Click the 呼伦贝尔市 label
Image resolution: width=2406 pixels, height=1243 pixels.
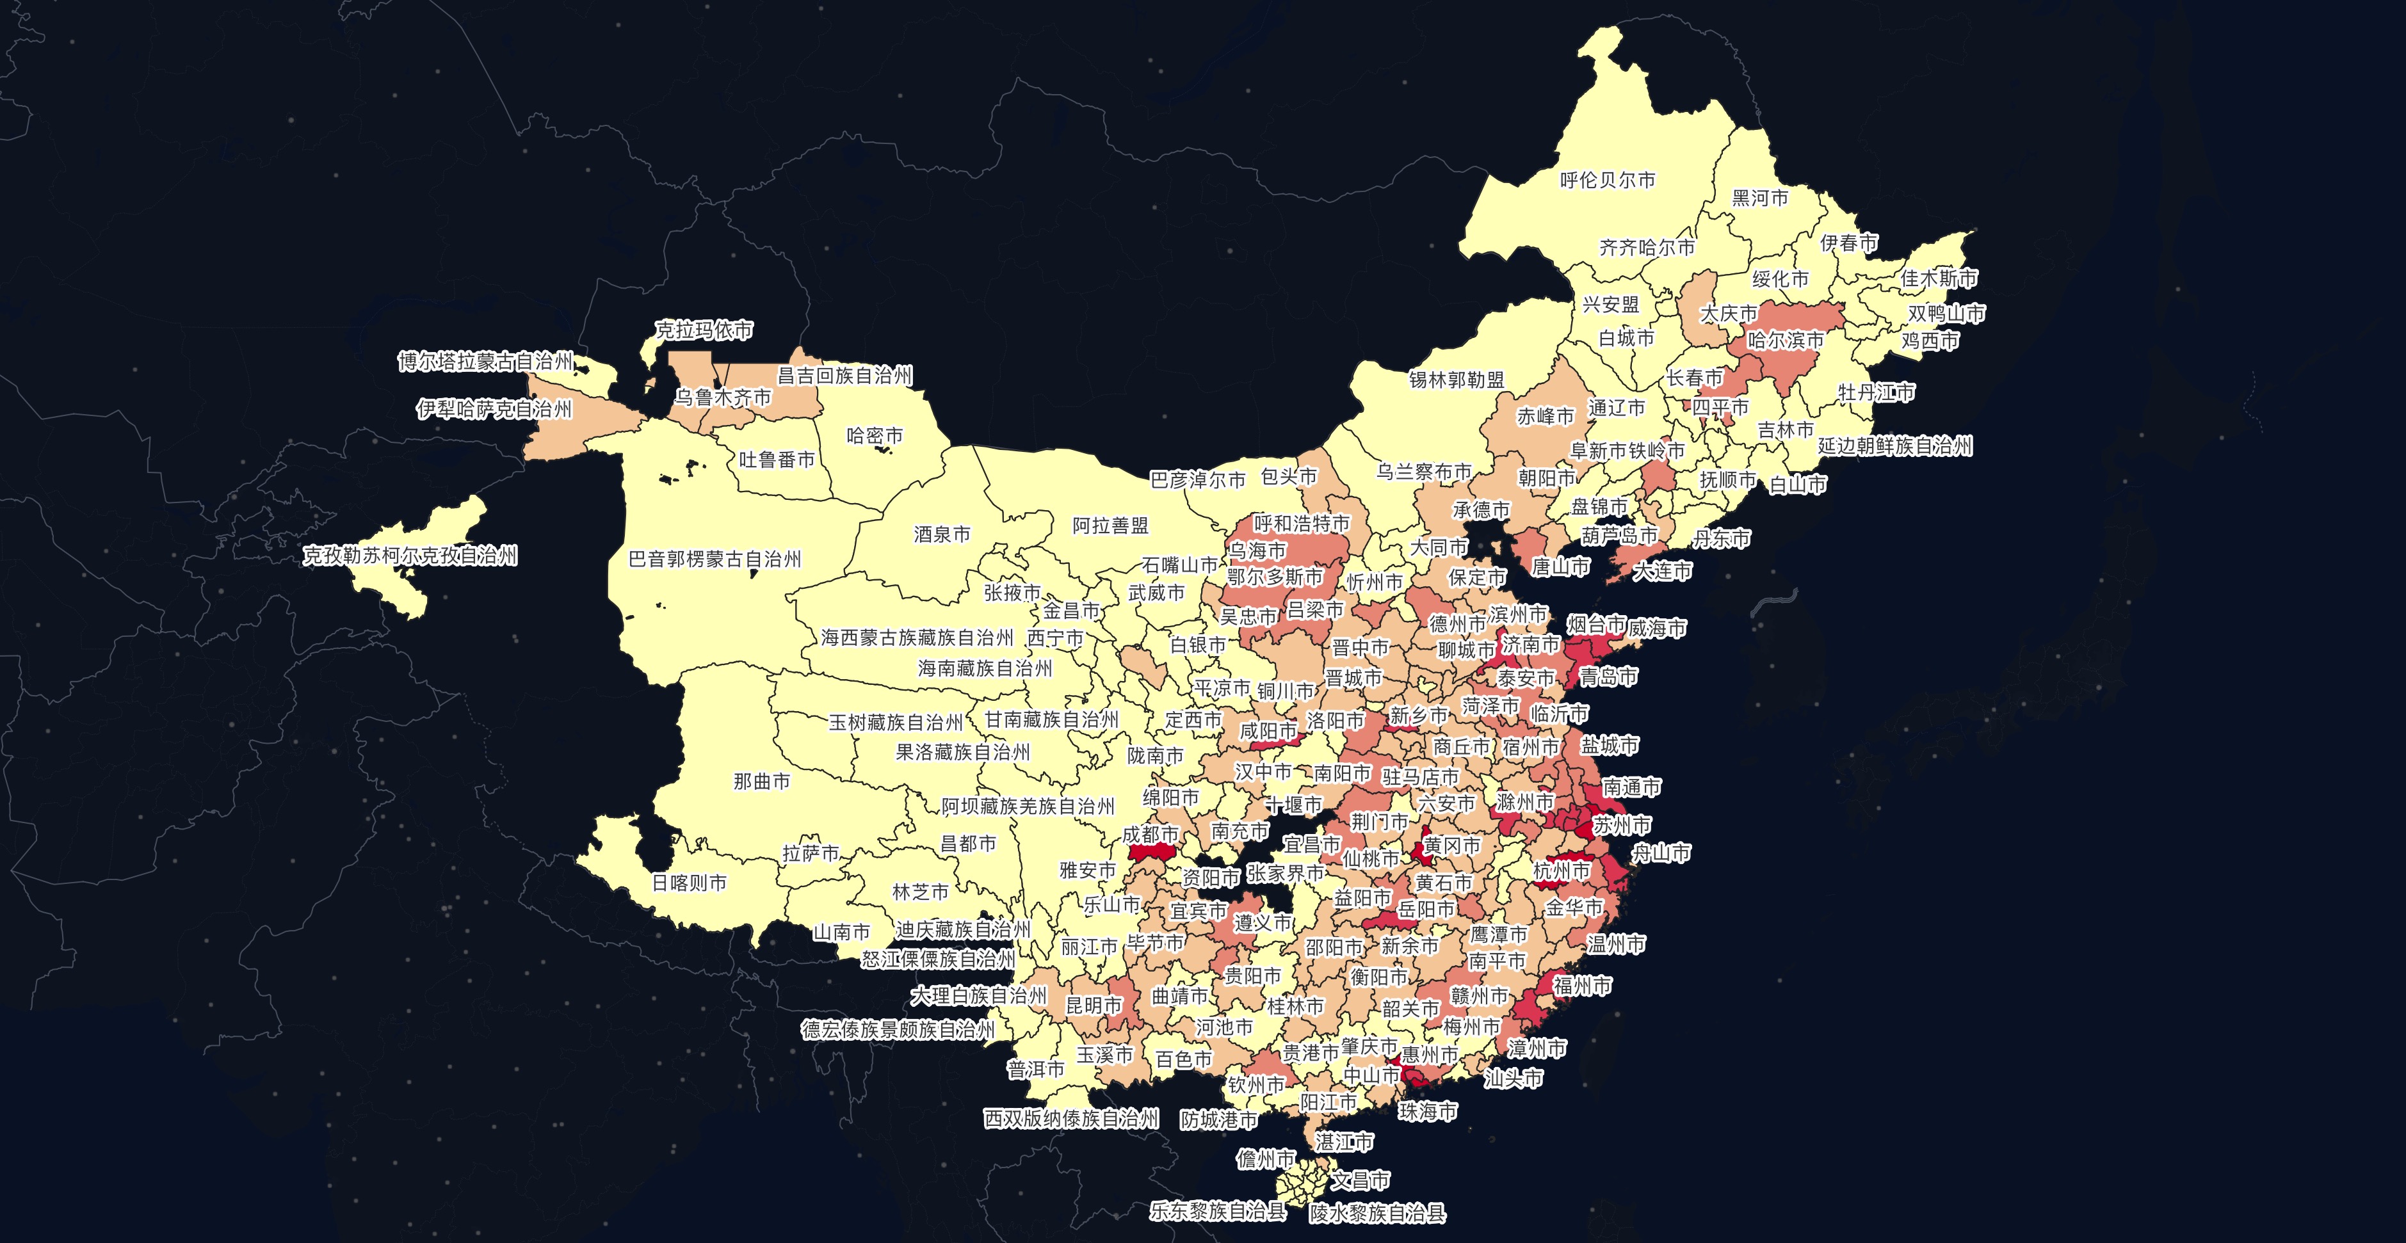click(x=1608, y=180)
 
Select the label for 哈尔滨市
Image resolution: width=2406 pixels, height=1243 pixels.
click(x=1785, y=340)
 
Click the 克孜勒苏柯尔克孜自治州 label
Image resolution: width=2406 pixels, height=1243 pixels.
click(x=409, y=556)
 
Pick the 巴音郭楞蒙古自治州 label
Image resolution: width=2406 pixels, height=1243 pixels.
click(x=715, y=559)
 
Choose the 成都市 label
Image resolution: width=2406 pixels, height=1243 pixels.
click(x=1150, y=834)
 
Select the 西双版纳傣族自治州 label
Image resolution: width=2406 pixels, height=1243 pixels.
click(x=1070, y=1119)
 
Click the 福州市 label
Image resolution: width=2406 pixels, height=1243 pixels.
click(x=1581, y=985)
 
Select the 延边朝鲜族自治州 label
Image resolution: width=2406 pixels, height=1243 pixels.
click(x=1894, y=446)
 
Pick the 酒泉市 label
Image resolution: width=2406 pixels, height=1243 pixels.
click(x=942, y=534)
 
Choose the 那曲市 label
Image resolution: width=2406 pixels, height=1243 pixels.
click(x=761, y=782)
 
